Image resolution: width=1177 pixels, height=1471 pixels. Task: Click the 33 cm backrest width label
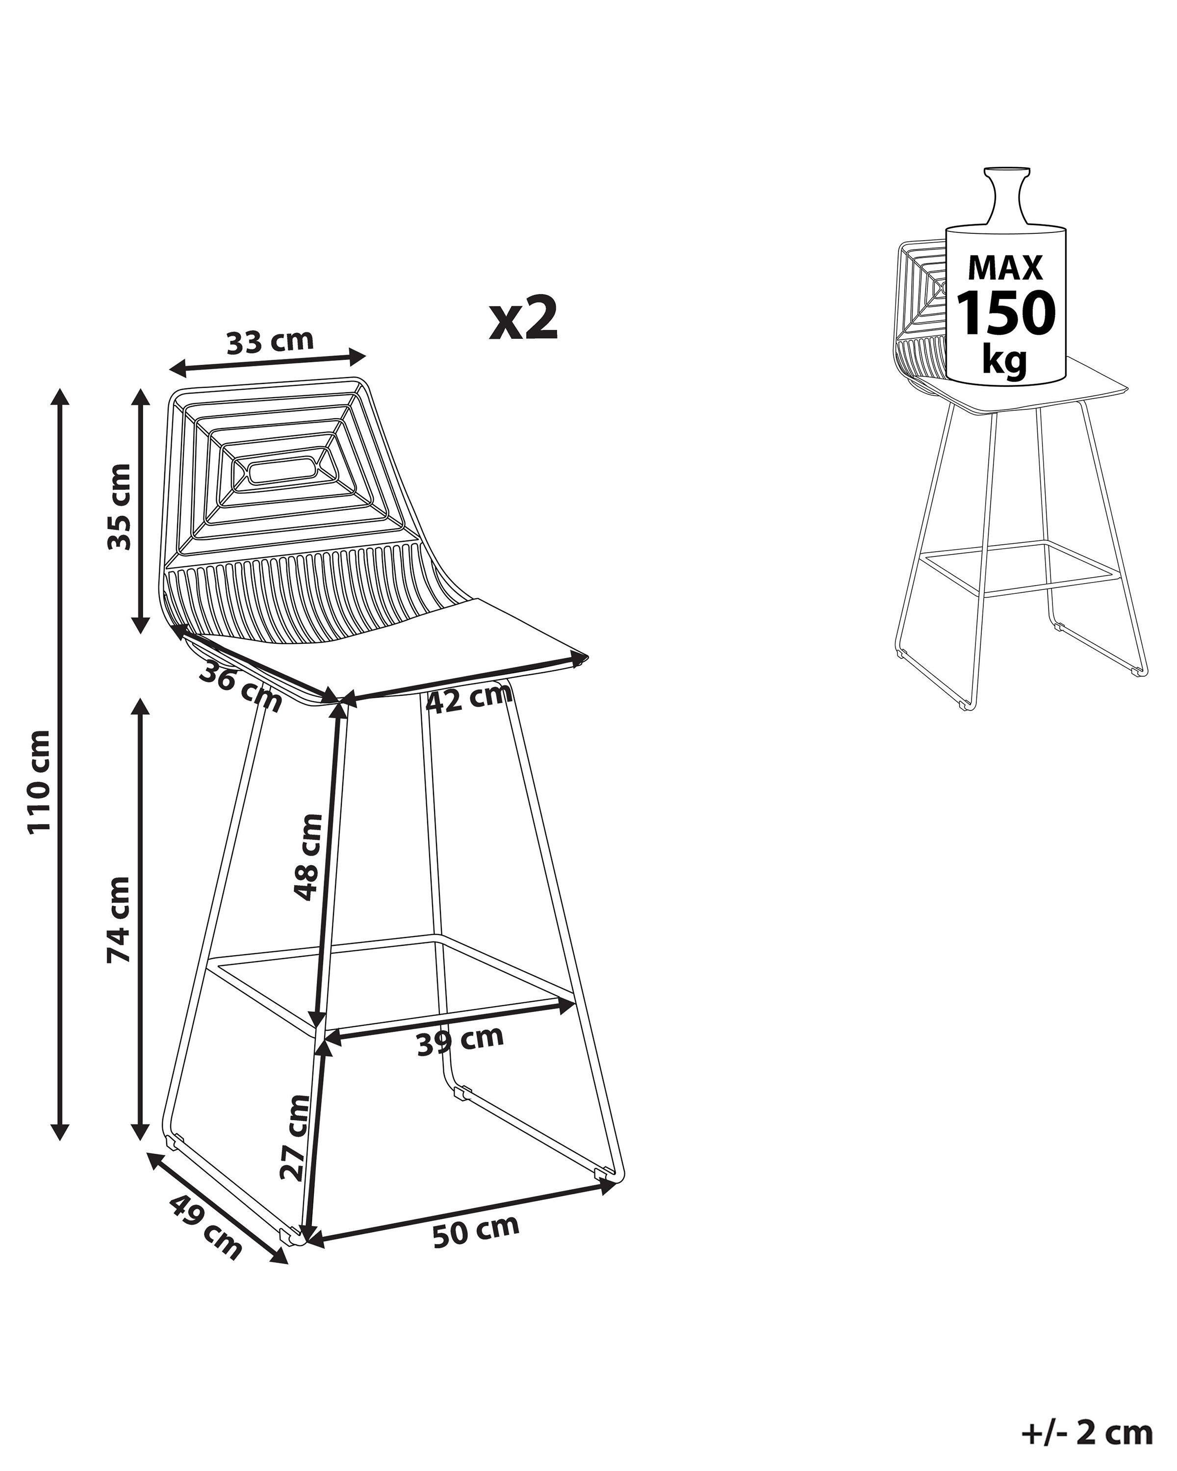tap(270, 341)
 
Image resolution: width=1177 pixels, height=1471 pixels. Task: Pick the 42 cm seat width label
tap(468, 698)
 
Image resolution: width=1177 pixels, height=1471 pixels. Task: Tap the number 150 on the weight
tap(1006, 313)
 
